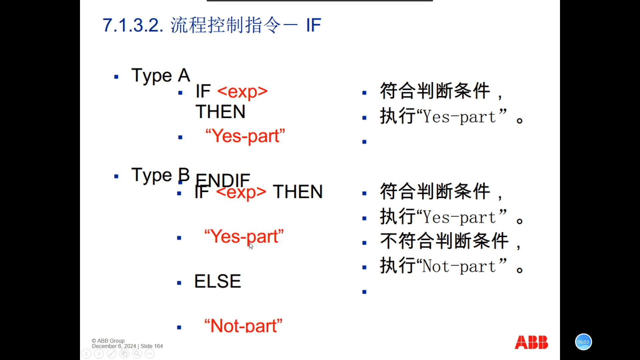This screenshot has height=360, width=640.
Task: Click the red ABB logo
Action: (531, 342)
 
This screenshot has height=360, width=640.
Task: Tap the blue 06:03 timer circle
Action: (583, 342)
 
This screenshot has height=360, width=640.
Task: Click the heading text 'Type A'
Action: (161, 76)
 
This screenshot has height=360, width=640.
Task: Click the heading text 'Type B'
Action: (161, 175)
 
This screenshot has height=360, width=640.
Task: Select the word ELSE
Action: (217, 281)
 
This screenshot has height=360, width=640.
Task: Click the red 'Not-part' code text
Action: (243, 325)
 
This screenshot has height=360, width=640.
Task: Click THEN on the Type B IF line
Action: (298, 192)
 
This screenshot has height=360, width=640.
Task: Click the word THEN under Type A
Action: (220, 112)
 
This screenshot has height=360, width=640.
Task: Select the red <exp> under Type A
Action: (242, 91)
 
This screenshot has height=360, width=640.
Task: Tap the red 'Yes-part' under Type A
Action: (245, 136)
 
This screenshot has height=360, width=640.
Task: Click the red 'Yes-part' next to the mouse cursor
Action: (244, 236)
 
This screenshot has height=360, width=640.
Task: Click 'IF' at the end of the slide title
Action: (313, 25)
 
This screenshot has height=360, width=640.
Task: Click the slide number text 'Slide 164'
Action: (152, 346)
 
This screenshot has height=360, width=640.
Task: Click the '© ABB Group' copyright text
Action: (108, 341)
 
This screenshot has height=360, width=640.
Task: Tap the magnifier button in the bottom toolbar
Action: (137, 354)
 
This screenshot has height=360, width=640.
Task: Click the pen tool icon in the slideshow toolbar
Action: (112, 354)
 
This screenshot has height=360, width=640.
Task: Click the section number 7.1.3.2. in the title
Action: (133, 25)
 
